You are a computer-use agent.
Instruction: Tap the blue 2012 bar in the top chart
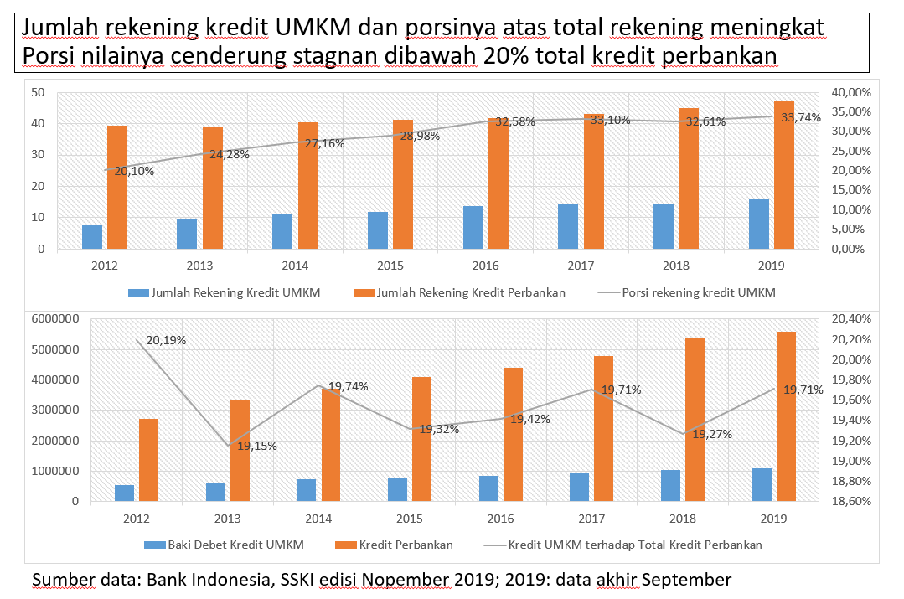point(92,236)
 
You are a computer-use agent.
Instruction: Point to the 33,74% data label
point(801,117)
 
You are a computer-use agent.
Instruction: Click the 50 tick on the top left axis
point(37,92)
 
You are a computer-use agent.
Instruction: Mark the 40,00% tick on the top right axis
point(848,92)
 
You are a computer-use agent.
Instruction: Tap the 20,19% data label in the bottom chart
point(166,341)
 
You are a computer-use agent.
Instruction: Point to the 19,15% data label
point(257,446)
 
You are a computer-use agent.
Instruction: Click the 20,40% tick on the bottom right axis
point(850,319)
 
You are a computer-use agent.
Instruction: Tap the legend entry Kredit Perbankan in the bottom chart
point(406,545)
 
